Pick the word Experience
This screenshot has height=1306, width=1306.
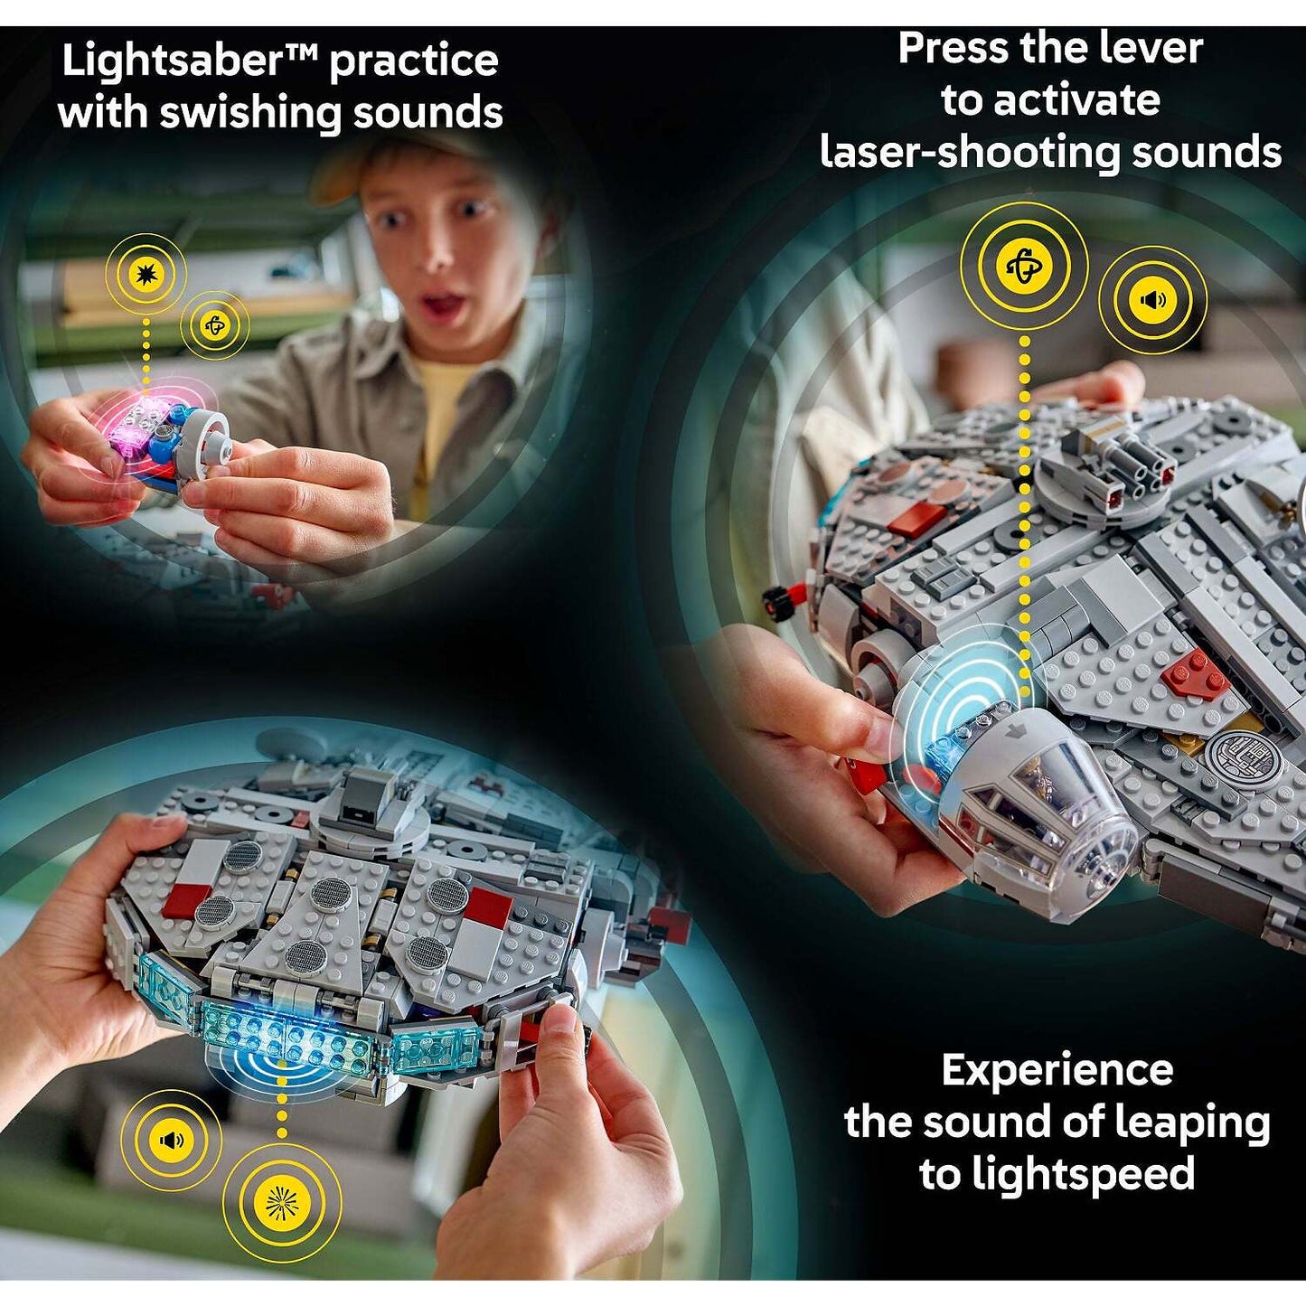(x=1057, y=1071)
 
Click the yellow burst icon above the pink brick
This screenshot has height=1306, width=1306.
(x=145, y=273)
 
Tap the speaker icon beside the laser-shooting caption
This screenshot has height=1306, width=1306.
(x=1152, y=299)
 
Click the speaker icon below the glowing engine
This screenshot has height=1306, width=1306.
(x=171, y=1140)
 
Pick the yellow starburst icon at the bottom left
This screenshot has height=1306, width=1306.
(x=282, y=1202)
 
